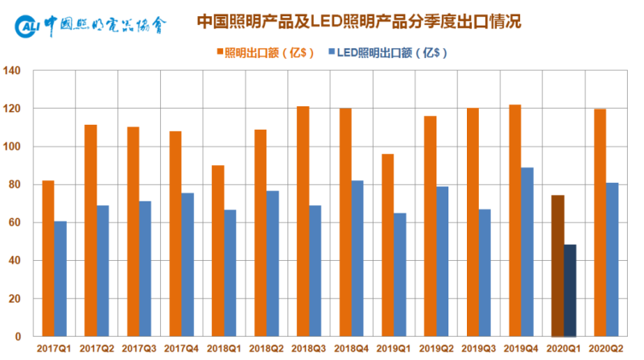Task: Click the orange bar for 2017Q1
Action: pos(48,259)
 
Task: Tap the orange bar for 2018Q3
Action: pos(303,221)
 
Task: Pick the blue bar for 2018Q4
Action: pos(357,259)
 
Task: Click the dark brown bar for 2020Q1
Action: pos(557,266)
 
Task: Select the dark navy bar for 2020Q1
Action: pos(570,291)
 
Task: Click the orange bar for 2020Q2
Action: pos(600,222)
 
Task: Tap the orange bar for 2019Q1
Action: pos(387,245)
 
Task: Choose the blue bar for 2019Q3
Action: pos(485,273)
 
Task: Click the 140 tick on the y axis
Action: pos(12,71)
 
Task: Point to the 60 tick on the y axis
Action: pos(14,222)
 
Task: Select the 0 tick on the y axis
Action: pos(18,337)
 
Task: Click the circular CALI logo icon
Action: pos(27,27)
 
